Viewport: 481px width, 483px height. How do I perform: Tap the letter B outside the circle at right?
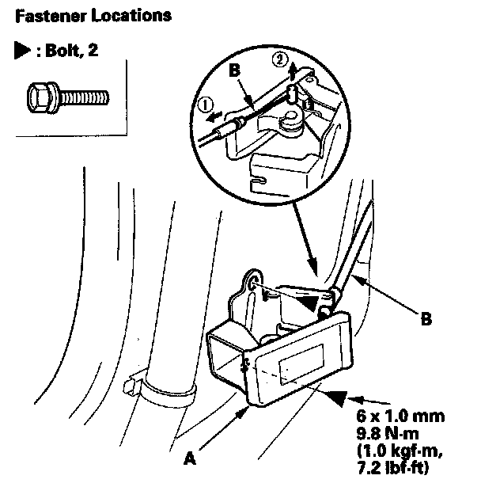(426, 321)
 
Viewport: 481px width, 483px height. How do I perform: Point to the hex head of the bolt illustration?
(37, 98)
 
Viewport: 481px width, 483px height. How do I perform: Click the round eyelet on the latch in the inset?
(294, 120)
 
